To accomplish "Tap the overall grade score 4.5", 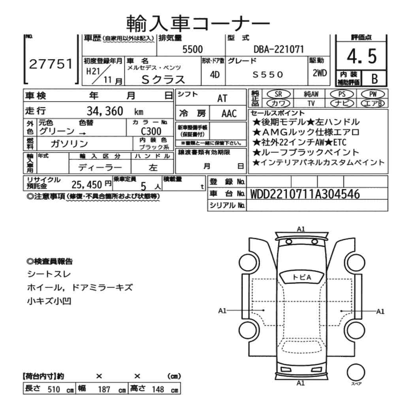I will pyautogui.click(x=361, y=57).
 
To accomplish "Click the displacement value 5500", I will pyautogui.click(x=192, y=49).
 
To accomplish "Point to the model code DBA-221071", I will pyautogui.click(x=278, y=49).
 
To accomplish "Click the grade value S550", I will pyautogui.click(x=267, y=74).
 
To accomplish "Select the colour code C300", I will pyautogui.click(x=151, y=131).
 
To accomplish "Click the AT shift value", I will pyautogui.click(x=222, y=99).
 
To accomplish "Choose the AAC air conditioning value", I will pyautogui.click(x=229, y=114).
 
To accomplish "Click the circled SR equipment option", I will pyautogui.click(x=278, y=94).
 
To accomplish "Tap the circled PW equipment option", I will pyautogui.click(x=372, y=94).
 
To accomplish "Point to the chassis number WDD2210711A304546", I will pyautogui.click(x=305, y=194).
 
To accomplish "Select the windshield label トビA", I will pyautogui.click(x=302, y=277).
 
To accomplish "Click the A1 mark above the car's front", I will pyautogui.click(x=301, y=229).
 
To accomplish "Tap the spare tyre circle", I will pyautogui.click(x=355, y=371).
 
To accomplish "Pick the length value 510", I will pyautogui.click(x=53, y=389).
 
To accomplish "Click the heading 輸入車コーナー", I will pyautogui.click(x=198, y=23).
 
